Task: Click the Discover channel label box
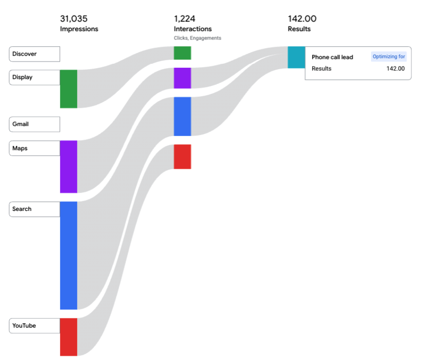[34, 54]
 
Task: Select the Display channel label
[34, 77]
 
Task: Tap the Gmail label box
[34, 124]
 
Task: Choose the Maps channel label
[34, 148]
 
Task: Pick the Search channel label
[34, 209]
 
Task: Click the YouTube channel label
[34, 326]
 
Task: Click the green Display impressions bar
[68, 89]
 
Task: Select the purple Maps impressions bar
[68, 167]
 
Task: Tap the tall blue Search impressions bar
[68, 255]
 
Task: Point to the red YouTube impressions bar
[68, 337]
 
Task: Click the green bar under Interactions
[182, 53]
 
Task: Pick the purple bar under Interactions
[182, 78]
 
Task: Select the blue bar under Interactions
[182, 116]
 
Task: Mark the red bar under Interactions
[182, 157]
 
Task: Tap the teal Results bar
[296, 57]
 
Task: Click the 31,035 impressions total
[74, 19]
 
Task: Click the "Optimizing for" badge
[389, 57]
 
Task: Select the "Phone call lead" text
[332, 57]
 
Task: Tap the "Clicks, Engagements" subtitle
[197, 38]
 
